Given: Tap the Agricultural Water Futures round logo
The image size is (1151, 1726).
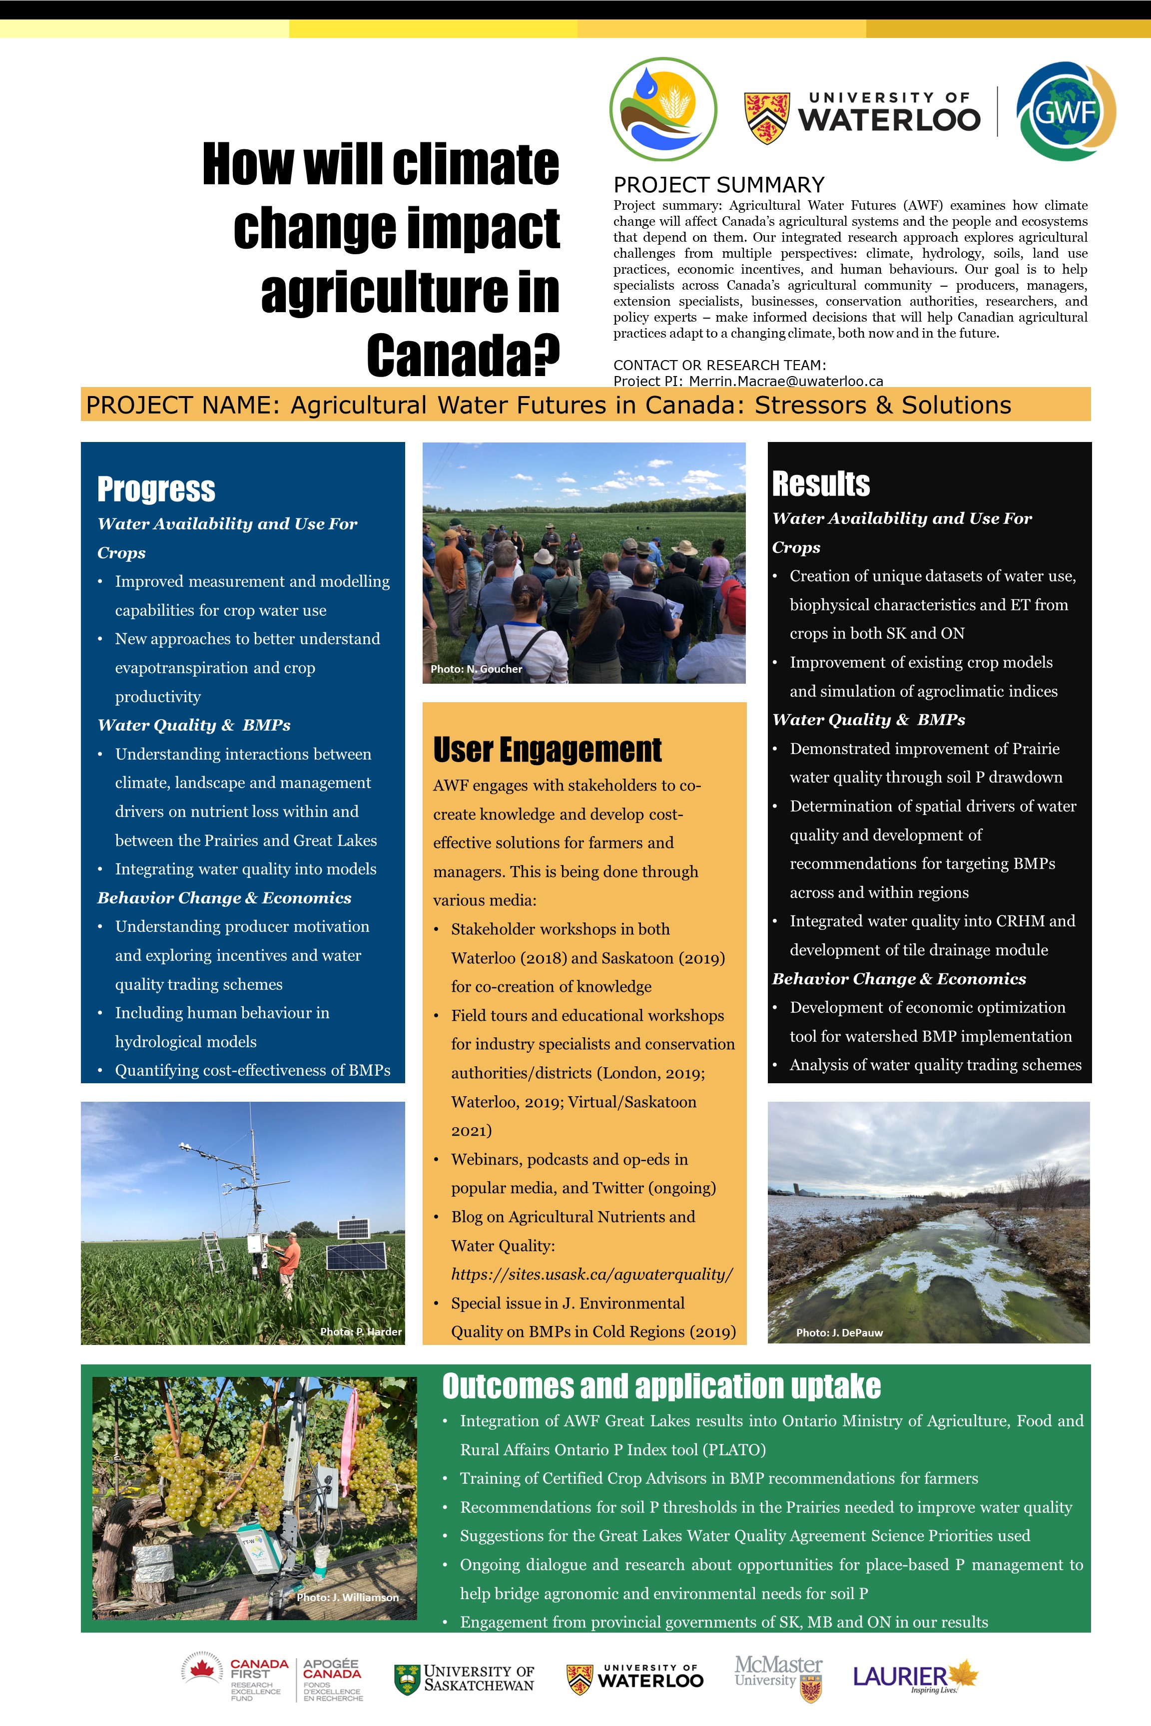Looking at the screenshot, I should tap(663, 110).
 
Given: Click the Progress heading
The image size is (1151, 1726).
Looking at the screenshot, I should tap(156, 489).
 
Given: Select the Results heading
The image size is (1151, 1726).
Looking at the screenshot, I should tap(821, 484).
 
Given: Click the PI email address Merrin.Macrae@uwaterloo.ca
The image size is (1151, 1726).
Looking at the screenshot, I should tap(785, 381).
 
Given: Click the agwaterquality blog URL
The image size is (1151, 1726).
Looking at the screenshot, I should tap(591, 1274).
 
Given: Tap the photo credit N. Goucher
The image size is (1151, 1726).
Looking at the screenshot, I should tap(477, 669).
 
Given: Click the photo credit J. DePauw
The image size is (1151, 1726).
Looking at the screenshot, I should tap(839, 1332).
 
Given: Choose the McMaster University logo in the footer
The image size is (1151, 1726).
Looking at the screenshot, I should tap(779, 1676).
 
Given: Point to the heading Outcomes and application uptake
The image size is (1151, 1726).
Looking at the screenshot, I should tap(660, 1386).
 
